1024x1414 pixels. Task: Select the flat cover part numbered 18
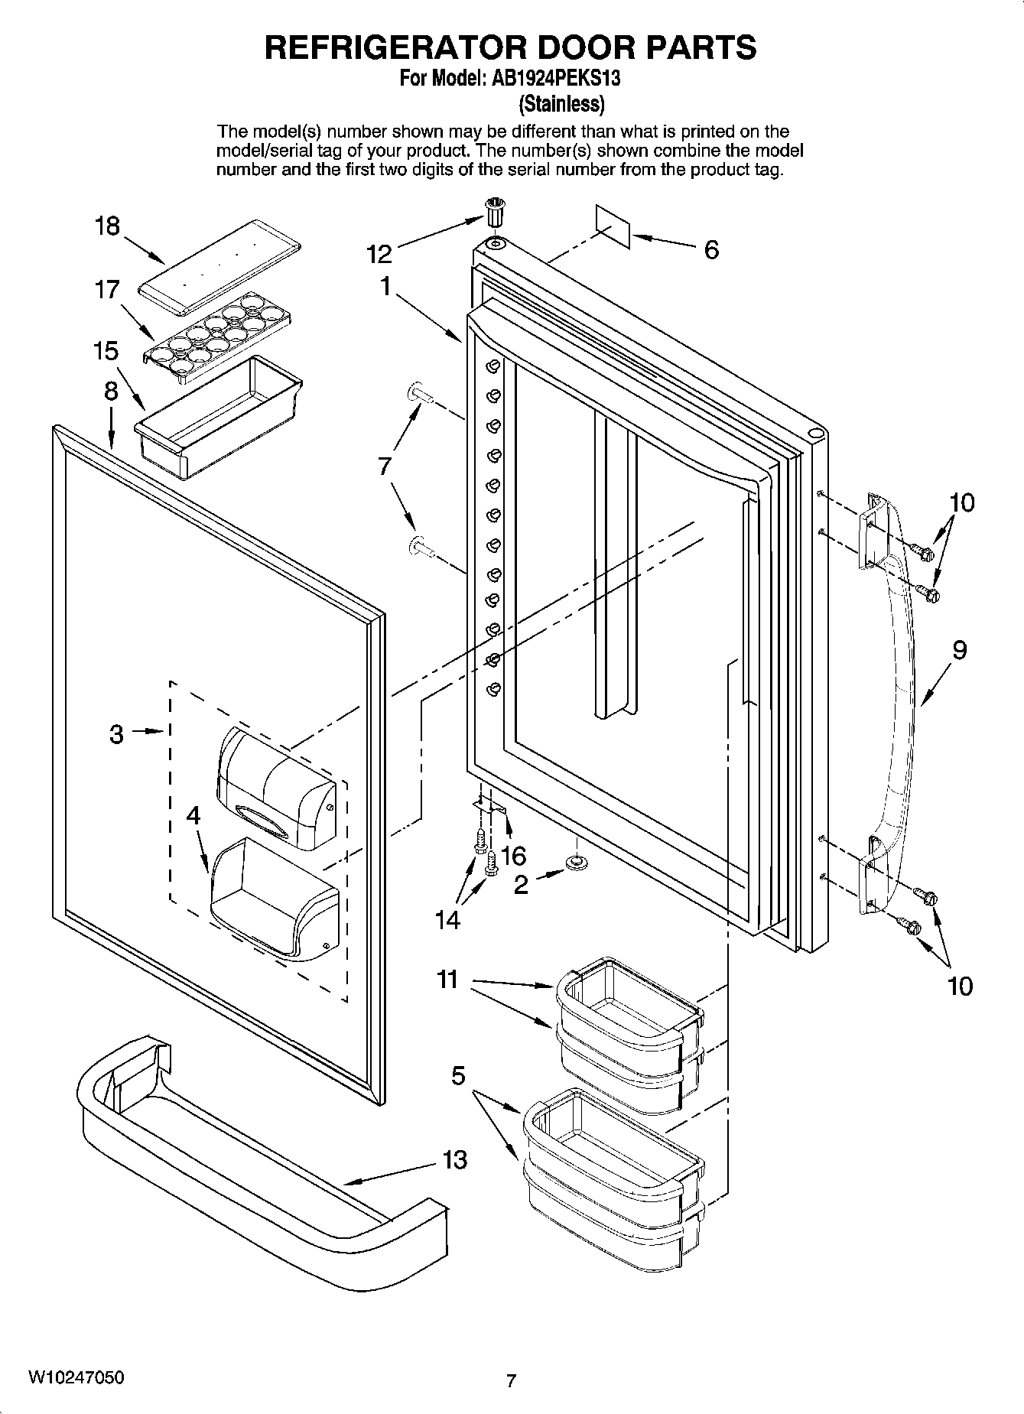pos(218,267)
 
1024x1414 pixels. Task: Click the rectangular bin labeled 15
pos(218,418)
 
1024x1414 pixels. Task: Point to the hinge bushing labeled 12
pos(496,210)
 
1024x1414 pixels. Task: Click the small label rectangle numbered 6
pos(613,226)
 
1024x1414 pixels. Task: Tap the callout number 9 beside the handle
pos(959,650)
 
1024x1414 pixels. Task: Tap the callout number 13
pos(454,1160)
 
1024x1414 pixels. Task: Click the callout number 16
pos(513,854)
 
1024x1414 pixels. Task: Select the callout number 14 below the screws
pos(447,919)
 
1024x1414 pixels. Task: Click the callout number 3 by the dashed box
pos(115,735)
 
